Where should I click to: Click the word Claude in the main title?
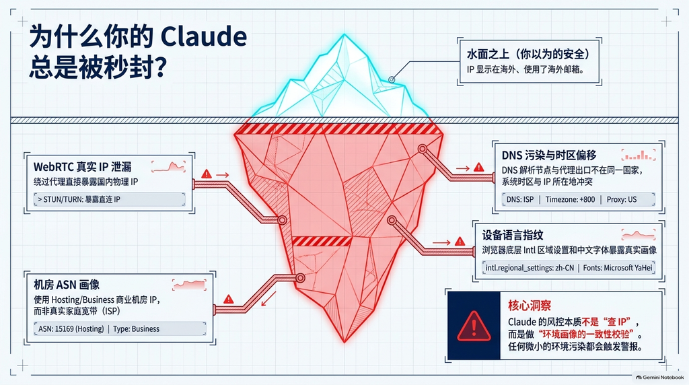coord(203,36)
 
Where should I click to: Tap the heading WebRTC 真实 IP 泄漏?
coord(82,167)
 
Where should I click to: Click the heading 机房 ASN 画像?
coord(67,285)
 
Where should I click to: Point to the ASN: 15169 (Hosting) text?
coord(71,328)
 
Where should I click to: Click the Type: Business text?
coord(136,328)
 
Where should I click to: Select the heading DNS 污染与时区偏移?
coord(549,155)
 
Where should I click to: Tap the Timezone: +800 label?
coord(570,199)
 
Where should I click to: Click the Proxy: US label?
coord(621,199)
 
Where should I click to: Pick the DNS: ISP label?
coord(520,199)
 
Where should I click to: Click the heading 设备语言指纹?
coord(512,235)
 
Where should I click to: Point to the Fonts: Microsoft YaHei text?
coord(618,268)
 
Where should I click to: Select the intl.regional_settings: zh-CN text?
coord(530,268)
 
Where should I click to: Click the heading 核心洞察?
coord(529,306)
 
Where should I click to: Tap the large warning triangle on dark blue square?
coord(474,326)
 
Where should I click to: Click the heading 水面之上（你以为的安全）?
coord(528,55)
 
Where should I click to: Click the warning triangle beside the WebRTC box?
coord(206,174)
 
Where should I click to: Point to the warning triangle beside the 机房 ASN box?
coord(229,300)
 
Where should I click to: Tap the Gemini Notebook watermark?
coord(659,377)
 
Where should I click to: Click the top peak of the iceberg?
coord(344,35)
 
